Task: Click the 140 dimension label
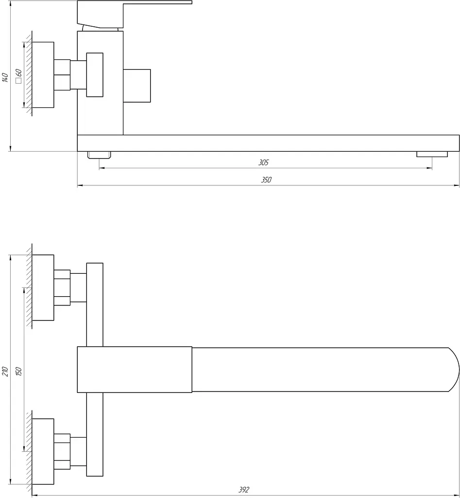click(5, 77)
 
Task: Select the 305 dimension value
click(263, 162)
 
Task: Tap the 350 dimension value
click(266, 180)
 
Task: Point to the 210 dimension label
click(5, 371)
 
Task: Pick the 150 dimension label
click(18, 371)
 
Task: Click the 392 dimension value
click(244, 490)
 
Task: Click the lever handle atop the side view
click(135, 14)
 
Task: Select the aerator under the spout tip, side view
click(432, 154)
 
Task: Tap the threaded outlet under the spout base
click(99, 155)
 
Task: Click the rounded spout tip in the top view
click(454, 370)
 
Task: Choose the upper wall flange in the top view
click(43, 287)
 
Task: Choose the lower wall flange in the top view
click(43, 451)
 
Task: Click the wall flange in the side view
click(43, 74)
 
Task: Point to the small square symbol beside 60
click(18, 81)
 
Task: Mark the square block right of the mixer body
click(136, 86)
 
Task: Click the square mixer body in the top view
click(135, 370)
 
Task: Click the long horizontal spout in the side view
click(269, 143)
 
